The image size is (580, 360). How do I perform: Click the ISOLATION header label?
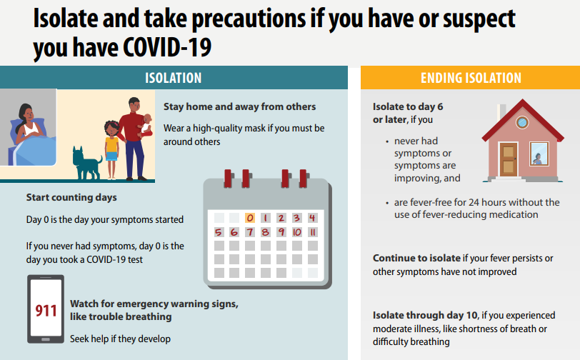click(173, 78)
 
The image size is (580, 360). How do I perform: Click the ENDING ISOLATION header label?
click(471, 78)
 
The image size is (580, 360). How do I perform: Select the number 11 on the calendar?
click(313, 232)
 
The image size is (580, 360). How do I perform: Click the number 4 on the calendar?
click(313, 217)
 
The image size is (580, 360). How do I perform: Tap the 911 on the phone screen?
click(46, 311)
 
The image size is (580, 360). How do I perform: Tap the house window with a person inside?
click(537, 154)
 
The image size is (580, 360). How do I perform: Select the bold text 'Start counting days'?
click(71, 197)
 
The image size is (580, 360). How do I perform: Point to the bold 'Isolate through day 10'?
click(425, 315)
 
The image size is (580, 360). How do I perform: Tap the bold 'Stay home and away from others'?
click(239, 106)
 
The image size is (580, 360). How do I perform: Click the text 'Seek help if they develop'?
click(120, 339)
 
